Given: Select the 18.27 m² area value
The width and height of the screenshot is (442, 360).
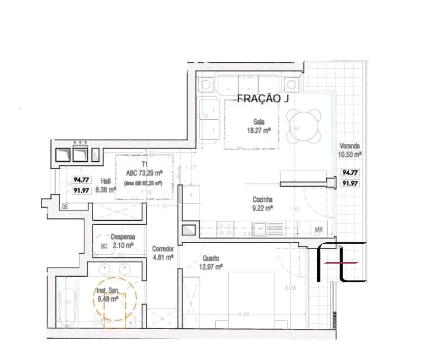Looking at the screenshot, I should pyautogui.click(x=258, y=131).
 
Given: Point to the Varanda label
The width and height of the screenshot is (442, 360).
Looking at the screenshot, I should pyautogui.click(x=350, y=146).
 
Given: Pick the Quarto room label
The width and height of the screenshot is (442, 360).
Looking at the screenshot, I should pyautogui.click(x=210, y=258).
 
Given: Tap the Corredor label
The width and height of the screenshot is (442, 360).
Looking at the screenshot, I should pyautogui.click(x=163, y=248).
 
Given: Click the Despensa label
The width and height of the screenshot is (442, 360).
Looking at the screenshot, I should pyautogui.click(x=123, y=237).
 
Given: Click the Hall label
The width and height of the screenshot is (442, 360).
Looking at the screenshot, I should pyautogui.click(x=106, y=181).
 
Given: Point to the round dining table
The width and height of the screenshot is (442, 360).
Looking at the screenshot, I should pyautogui.click(x=303, y=125).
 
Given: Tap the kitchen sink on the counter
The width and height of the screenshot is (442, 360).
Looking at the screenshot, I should pyautogui.click(x=259, y=230).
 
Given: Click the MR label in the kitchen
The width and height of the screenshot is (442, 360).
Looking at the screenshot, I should pyautogui.click(x=319, y=230).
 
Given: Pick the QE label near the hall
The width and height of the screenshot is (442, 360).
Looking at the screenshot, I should pyautogui.click(x=65, y=206).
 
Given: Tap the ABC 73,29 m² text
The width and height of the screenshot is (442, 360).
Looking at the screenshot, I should pyautogui.click(x=145, y=172).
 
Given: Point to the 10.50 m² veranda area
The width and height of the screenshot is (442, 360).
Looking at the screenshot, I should pyautogui.click(x=350, y=155).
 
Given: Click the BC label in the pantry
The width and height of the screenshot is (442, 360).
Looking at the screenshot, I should pyautogui.click(x=104, y=246).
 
